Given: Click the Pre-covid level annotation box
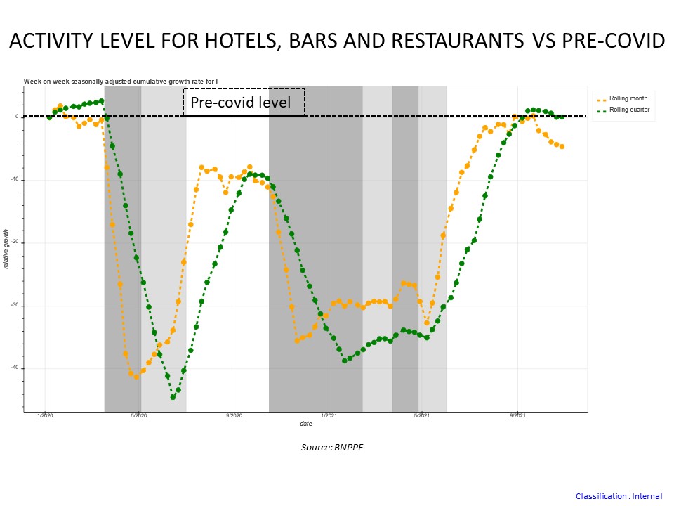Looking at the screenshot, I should click(x=244, y=103).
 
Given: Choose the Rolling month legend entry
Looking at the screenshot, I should click(x=628, y=98).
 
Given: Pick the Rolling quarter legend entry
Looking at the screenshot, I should click(x=630, y=110).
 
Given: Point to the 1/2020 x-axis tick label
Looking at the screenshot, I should click(x=45, y=417).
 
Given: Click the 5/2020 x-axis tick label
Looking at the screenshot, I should click(x=139, y=417).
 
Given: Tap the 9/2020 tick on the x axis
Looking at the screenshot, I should click(x=234, y=417).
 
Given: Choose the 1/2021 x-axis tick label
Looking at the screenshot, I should click(x=328, y=417).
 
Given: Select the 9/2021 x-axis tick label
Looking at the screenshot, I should click(x=517, y=417).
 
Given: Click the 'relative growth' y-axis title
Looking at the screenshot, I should click(x=7, y=249).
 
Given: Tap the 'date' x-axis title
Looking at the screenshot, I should click(x=306, y=424).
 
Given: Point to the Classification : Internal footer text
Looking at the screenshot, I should click(x=619, y=496).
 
